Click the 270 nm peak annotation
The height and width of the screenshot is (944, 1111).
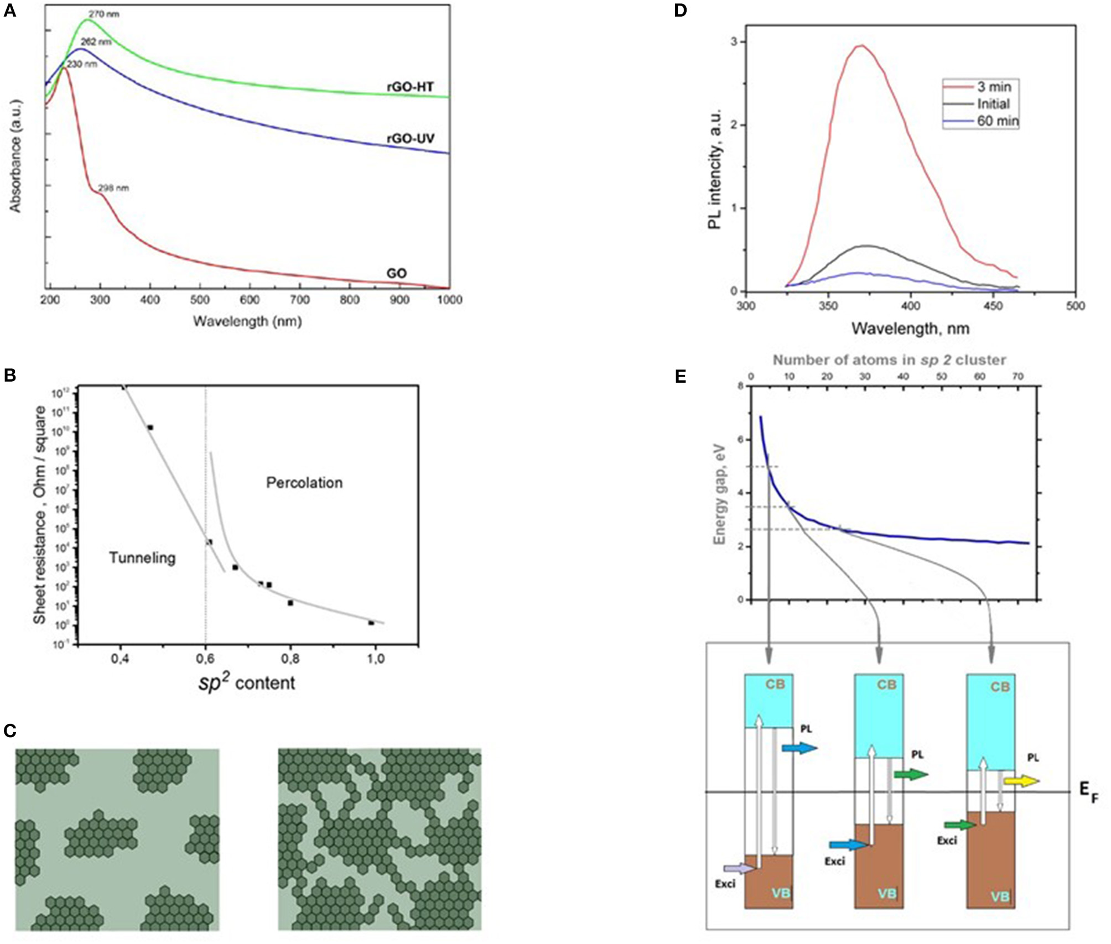[103, 14]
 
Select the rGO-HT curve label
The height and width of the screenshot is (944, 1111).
[410, 87]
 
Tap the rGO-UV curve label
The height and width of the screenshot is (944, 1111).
[410, 138]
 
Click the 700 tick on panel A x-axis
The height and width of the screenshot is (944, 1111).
[299, 300]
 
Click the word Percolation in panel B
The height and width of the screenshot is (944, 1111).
[304, 483]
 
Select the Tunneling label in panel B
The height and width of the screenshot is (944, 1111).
[142, 557]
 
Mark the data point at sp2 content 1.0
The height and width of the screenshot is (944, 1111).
[371, 623]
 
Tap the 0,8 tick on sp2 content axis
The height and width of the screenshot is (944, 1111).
[290, 659]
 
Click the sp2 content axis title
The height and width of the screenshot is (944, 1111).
[247, 683]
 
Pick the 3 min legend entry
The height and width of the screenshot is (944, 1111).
[994, 87]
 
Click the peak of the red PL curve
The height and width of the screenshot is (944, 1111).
[861, 46]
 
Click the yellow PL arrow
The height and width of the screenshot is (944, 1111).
[1021, 781]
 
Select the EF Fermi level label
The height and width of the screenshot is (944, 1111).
[1088, 792]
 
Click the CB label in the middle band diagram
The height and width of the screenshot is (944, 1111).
[886, 685]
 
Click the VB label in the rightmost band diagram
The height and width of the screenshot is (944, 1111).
[999, 896]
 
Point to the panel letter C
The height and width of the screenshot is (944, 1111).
[9, 731]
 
